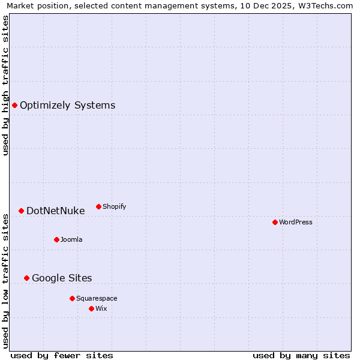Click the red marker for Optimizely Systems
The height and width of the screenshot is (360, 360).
click(14, 106)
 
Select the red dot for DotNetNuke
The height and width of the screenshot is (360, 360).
click(21, 211)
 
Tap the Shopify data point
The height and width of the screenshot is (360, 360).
click(98, 206)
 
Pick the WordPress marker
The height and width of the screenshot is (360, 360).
click(275, 222)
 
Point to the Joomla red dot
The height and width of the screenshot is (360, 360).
click(56, 239)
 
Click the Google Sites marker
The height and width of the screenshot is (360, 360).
click(26, 278)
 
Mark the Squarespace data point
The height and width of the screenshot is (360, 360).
click(72, 298)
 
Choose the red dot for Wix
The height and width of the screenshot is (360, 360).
click(91, 308)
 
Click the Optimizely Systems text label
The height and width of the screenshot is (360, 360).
click(67, 106)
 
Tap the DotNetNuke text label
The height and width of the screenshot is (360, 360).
click(55, 211)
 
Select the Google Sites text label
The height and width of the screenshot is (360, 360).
click(62, 278)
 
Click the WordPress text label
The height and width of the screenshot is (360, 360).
click(296, 222)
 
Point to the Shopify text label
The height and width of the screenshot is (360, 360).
click(114, 206)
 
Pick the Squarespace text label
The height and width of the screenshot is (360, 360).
click(97, 298)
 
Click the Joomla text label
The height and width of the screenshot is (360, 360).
click(71, 239)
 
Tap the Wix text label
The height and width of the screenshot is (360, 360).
click(101, 308)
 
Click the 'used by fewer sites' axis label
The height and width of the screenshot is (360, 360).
click(62, 355)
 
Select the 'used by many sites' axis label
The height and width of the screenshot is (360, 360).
click(301, 355)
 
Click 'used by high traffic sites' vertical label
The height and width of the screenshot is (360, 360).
click(5, 85)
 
